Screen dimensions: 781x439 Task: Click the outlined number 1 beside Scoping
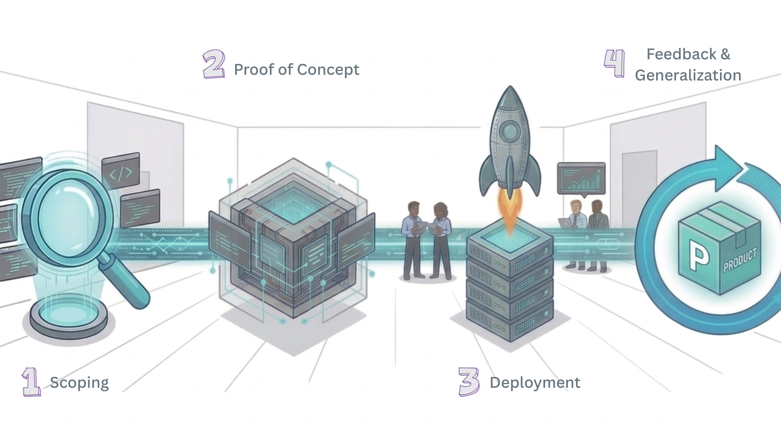(x=31, y=382)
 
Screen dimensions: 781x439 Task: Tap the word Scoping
(x=79, y=383)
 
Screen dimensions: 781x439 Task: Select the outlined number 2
(x=214, y=64)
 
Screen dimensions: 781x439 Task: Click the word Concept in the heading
(x=334, y=70)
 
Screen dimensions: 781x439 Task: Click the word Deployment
(x=535, y=383)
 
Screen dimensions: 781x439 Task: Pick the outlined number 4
(x=615, y=63)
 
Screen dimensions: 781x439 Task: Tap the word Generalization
(x=688, y=75)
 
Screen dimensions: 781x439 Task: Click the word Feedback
(x=682, y=54)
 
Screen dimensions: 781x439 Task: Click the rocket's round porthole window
(x=510, y=130)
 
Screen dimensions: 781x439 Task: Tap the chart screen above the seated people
(x=581, y=178)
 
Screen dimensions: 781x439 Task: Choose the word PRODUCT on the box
(x=740, y=260)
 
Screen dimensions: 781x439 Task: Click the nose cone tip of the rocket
(x=510, y=88)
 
